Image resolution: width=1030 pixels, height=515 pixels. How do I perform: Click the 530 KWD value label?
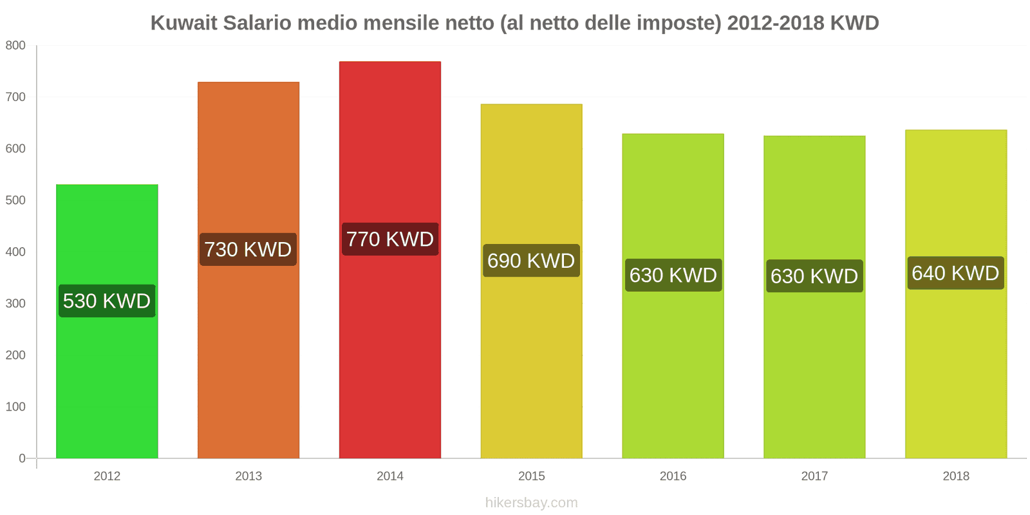[107, 301]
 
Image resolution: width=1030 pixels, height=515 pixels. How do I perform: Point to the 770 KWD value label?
[390, 239]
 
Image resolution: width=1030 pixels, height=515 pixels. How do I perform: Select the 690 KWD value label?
[531, 261]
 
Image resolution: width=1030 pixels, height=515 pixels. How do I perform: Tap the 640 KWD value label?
[955, 273]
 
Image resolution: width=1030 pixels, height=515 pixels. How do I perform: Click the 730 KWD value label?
[248, 249]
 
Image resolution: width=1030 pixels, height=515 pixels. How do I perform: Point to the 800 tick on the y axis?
[15, 45]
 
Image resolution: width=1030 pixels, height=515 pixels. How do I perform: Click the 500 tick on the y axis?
[15, 200]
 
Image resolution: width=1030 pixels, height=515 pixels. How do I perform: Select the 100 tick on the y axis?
[15, 407]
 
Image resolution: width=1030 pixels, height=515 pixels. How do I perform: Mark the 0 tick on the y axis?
[22, 458]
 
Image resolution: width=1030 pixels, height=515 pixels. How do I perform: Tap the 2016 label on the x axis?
[673, 476]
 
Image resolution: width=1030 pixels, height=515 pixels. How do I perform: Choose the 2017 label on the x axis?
[814, 476]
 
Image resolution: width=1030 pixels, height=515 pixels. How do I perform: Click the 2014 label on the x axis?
[390, 476]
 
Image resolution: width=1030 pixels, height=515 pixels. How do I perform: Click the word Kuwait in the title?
[184, 23]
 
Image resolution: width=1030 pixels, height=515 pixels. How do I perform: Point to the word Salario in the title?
[260, 23]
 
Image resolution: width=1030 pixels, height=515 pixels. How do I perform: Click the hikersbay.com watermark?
[531, 503]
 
